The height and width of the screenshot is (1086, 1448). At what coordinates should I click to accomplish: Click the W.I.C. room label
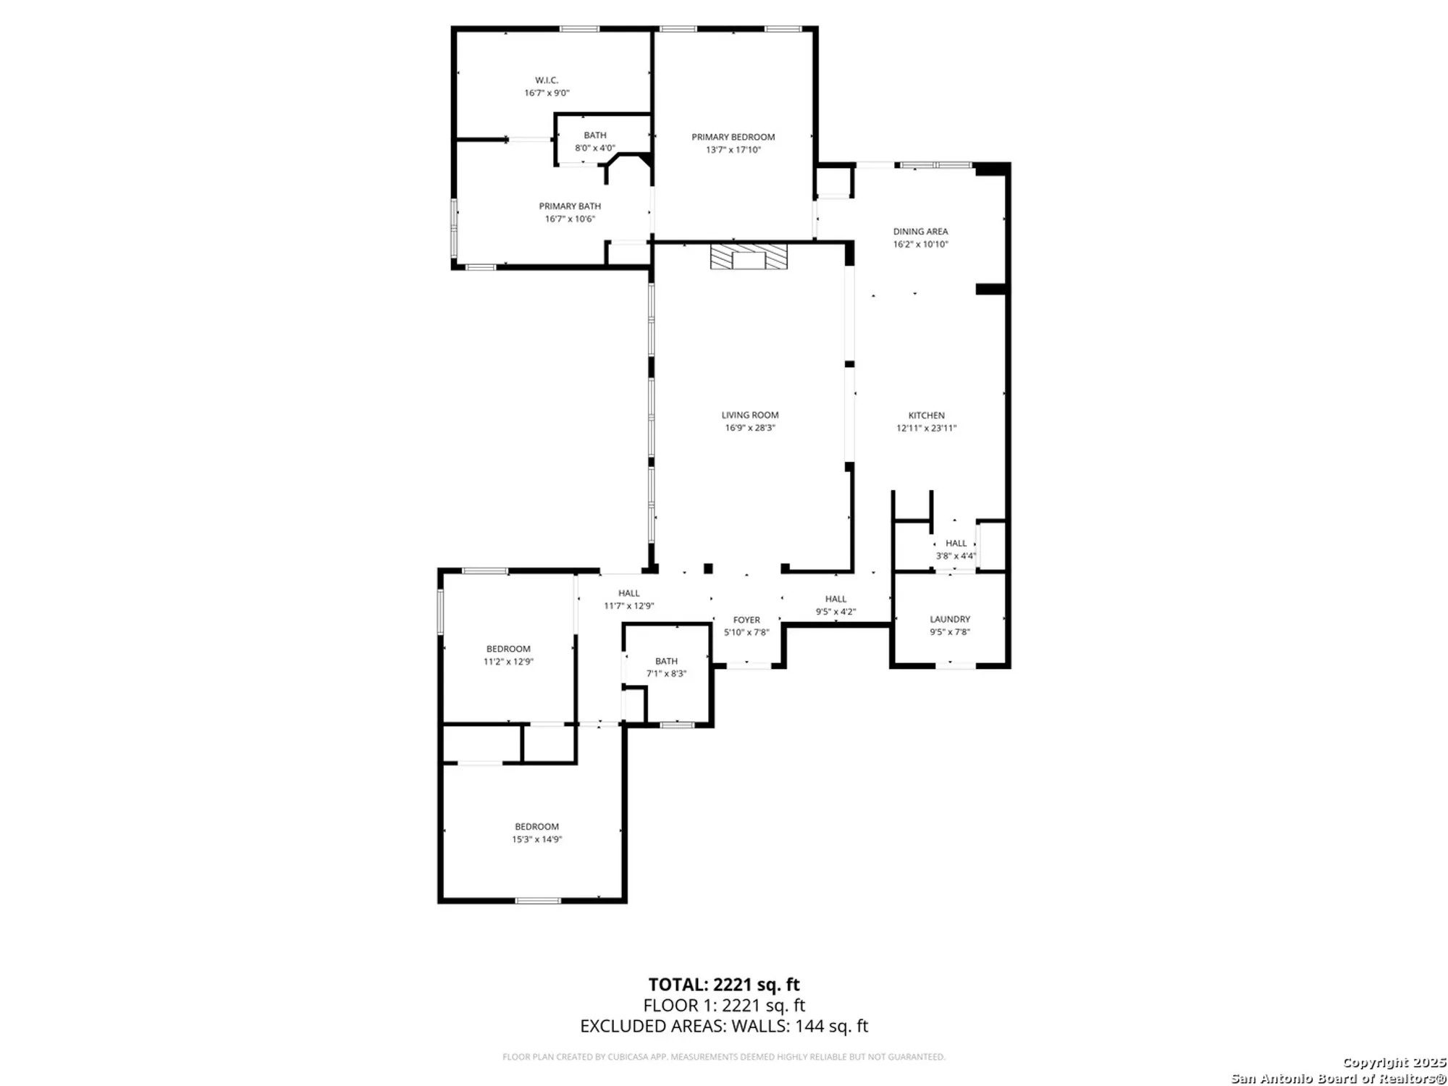[x=547, y=80]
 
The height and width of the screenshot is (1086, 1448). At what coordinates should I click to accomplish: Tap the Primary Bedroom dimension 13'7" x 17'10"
[x=733, y=150]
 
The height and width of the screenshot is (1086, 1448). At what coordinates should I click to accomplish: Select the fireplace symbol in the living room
[x=748, y=257]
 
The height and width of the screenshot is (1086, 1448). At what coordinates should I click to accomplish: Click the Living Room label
[x=749, y=415]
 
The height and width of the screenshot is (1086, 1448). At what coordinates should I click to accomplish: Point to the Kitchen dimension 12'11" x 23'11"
[x=926, y=428]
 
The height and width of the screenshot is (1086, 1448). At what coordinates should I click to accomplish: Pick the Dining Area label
[x=920, y=232]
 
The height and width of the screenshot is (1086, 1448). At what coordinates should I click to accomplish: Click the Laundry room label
[x=950, y=619]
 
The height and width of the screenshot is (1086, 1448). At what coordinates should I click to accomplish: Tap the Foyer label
[x=746, y=620]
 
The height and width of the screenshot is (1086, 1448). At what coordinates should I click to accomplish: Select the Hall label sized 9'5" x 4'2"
[x=835, y=599]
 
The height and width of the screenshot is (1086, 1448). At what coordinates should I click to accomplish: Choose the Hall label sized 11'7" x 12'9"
[x=628, y=593]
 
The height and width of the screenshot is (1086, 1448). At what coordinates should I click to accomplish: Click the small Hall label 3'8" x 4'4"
[x=956, y=543]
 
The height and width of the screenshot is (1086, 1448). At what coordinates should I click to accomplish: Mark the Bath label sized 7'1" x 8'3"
[x=666, y=661]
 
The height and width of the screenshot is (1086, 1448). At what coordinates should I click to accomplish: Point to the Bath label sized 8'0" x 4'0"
[x=595, y=135]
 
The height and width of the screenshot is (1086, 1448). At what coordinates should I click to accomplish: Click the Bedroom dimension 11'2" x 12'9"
[x=508, y=661]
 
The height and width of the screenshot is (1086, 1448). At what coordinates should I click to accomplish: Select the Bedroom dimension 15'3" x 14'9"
[x=536, y=839]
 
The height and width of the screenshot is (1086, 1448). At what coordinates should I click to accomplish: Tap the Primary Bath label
[x=570, y=206]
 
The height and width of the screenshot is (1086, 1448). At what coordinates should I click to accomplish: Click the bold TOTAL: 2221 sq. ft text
[x=723, y=985]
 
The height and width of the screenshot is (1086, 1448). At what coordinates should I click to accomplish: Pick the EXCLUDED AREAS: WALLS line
[x=723, y=1026]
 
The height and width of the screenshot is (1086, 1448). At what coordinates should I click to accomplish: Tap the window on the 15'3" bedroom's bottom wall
[x=537, y=900]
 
